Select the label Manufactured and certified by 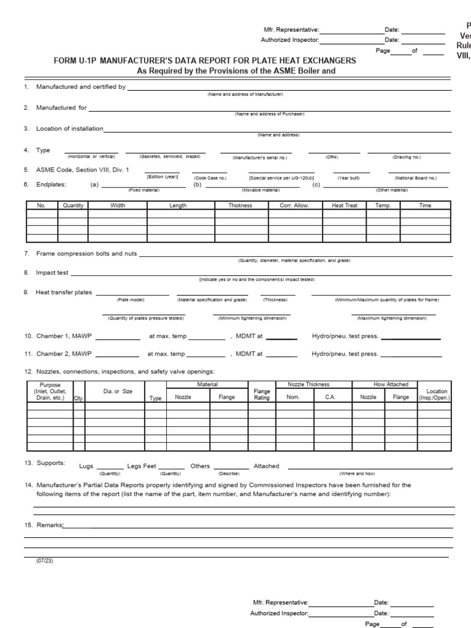[x=81, y=87]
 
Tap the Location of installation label [x=70, y=129]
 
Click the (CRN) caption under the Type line [x=332, y=157]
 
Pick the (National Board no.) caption [x=415, y=178]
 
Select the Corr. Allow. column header [x=294, y=205]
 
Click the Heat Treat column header [x=344, y=205]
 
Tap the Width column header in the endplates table [x=118, y=205]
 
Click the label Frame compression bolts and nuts [x=87, y=253]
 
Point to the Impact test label [x=53, y=272]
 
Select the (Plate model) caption [x=131, y=300]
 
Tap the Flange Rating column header [x=262, y=394]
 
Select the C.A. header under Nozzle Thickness [x=330, y=397]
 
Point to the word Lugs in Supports [x=86, y=466]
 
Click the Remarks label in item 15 [x=50, y=526]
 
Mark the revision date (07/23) [x=45, y=561]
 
